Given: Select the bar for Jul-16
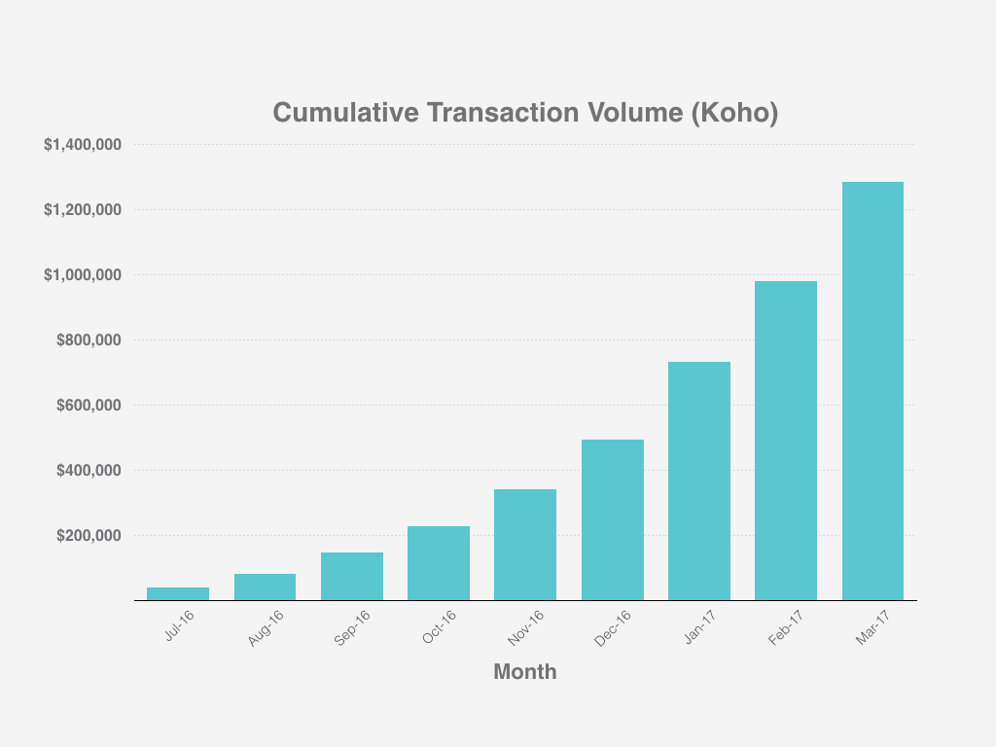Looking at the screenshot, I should (x=178, y=593).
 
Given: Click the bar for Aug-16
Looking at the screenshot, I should (x=265, y=587).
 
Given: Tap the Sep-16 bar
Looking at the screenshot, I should (x=351, y=576).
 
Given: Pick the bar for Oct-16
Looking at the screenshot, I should (x=439, y=563).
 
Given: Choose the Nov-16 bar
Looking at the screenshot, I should (x=525, y=545).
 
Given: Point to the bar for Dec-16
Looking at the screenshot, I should (x=612, y=519).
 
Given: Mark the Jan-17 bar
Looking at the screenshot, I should (x=698, y=480).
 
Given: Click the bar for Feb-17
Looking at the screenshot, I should (x=786, y=441).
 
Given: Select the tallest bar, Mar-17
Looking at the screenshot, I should (x=872, y=391).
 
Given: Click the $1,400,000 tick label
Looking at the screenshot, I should (x=82, y=145).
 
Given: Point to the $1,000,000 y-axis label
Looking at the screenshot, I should (x=82, y=275).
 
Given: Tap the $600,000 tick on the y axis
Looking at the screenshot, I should (x=89, y=406).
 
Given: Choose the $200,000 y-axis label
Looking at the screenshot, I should (x=89, y=536).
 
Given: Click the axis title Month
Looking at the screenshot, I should (x=525, y=671).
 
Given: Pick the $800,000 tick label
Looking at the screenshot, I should (x=89, y=340).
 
